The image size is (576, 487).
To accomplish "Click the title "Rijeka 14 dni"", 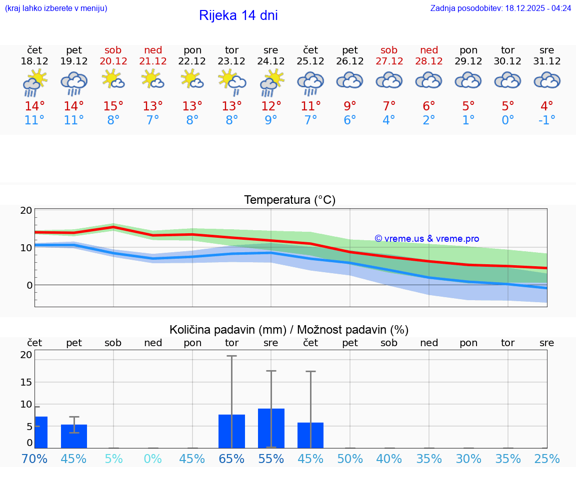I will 238,15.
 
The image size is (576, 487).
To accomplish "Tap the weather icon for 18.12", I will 34,83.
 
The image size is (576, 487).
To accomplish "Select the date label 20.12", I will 113,61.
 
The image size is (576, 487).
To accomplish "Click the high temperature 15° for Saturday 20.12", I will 113,106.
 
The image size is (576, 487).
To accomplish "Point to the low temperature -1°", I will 546,120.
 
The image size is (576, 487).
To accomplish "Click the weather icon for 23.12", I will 231,83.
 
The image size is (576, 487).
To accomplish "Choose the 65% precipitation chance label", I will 231,459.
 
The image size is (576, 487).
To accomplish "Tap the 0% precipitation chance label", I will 153,459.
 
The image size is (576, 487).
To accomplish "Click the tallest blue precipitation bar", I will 271,428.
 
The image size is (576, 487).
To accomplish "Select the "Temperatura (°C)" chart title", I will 289,200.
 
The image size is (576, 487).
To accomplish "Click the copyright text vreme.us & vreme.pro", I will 426,239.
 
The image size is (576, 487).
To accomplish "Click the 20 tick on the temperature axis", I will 26,210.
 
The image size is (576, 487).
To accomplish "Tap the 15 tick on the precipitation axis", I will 26,382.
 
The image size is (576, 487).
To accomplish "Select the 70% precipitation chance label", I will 34,459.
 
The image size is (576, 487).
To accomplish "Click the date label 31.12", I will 546,61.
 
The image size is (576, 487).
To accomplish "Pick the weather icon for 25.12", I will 310,83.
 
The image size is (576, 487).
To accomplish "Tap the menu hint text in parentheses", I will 56,8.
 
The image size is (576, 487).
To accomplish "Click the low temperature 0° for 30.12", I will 507,120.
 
